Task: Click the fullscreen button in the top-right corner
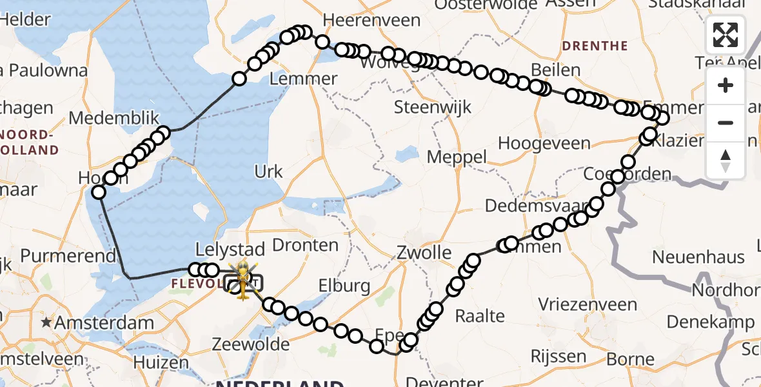click(x=726, y=35)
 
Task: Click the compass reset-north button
click(x=726, y=160)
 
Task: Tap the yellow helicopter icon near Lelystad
click(x=243, y=280)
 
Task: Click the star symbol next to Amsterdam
click(x=46, y=322)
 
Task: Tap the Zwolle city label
click(x=424, y=252)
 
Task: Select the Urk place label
click(x=268, y=171)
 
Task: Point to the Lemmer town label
click(x=303, y=79)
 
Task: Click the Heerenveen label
click(x=371, y=21)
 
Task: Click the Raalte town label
click(x=480, y=315)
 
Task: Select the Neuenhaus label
click(x=698, y=257)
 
